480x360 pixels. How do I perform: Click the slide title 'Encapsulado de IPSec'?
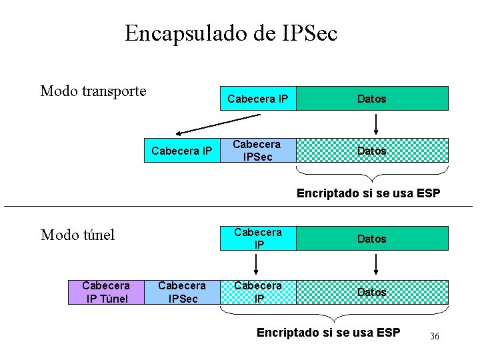(x=231, y=33)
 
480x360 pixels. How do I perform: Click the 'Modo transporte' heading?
(x=93, y=91)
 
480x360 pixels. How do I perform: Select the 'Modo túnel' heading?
(x=78, y=235)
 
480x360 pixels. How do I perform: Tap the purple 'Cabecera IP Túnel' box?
(x=106, y=292)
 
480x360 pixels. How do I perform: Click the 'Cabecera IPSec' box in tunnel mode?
(x=182, y=292)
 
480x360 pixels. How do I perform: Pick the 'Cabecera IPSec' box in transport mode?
(x=257, y=150)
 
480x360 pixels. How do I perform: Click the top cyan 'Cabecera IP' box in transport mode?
(x=257, y=99)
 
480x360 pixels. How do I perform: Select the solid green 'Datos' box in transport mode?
(x=372, y=99)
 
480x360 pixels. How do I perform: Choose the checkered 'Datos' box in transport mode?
(x=372, y=151)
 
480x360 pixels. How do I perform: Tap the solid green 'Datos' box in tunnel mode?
(x=372, y=238)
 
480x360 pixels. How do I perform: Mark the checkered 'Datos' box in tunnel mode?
(x=372, y=292)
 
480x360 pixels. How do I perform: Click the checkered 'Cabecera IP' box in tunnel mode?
(x=257, y=292)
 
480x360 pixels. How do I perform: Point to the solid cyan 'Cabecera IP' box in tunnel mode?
(x=257, y=238)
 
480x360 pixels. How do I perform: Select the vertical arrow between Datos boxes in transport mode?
(x=376, y=124)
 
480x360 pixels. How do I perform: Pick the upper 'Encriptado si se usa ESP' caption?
(x=368, y=194)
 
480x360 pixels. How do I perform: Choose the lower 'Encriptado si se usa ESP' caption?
(x=328, y=333)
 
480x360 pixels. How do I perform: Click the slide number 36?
(x=434, y=337)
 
